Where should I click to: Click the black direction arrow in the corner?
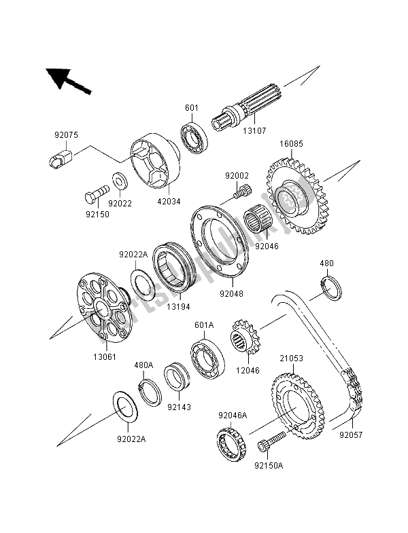66,79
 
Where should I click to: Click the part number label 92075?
66,135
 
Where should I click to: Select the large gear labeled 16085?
297,197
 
